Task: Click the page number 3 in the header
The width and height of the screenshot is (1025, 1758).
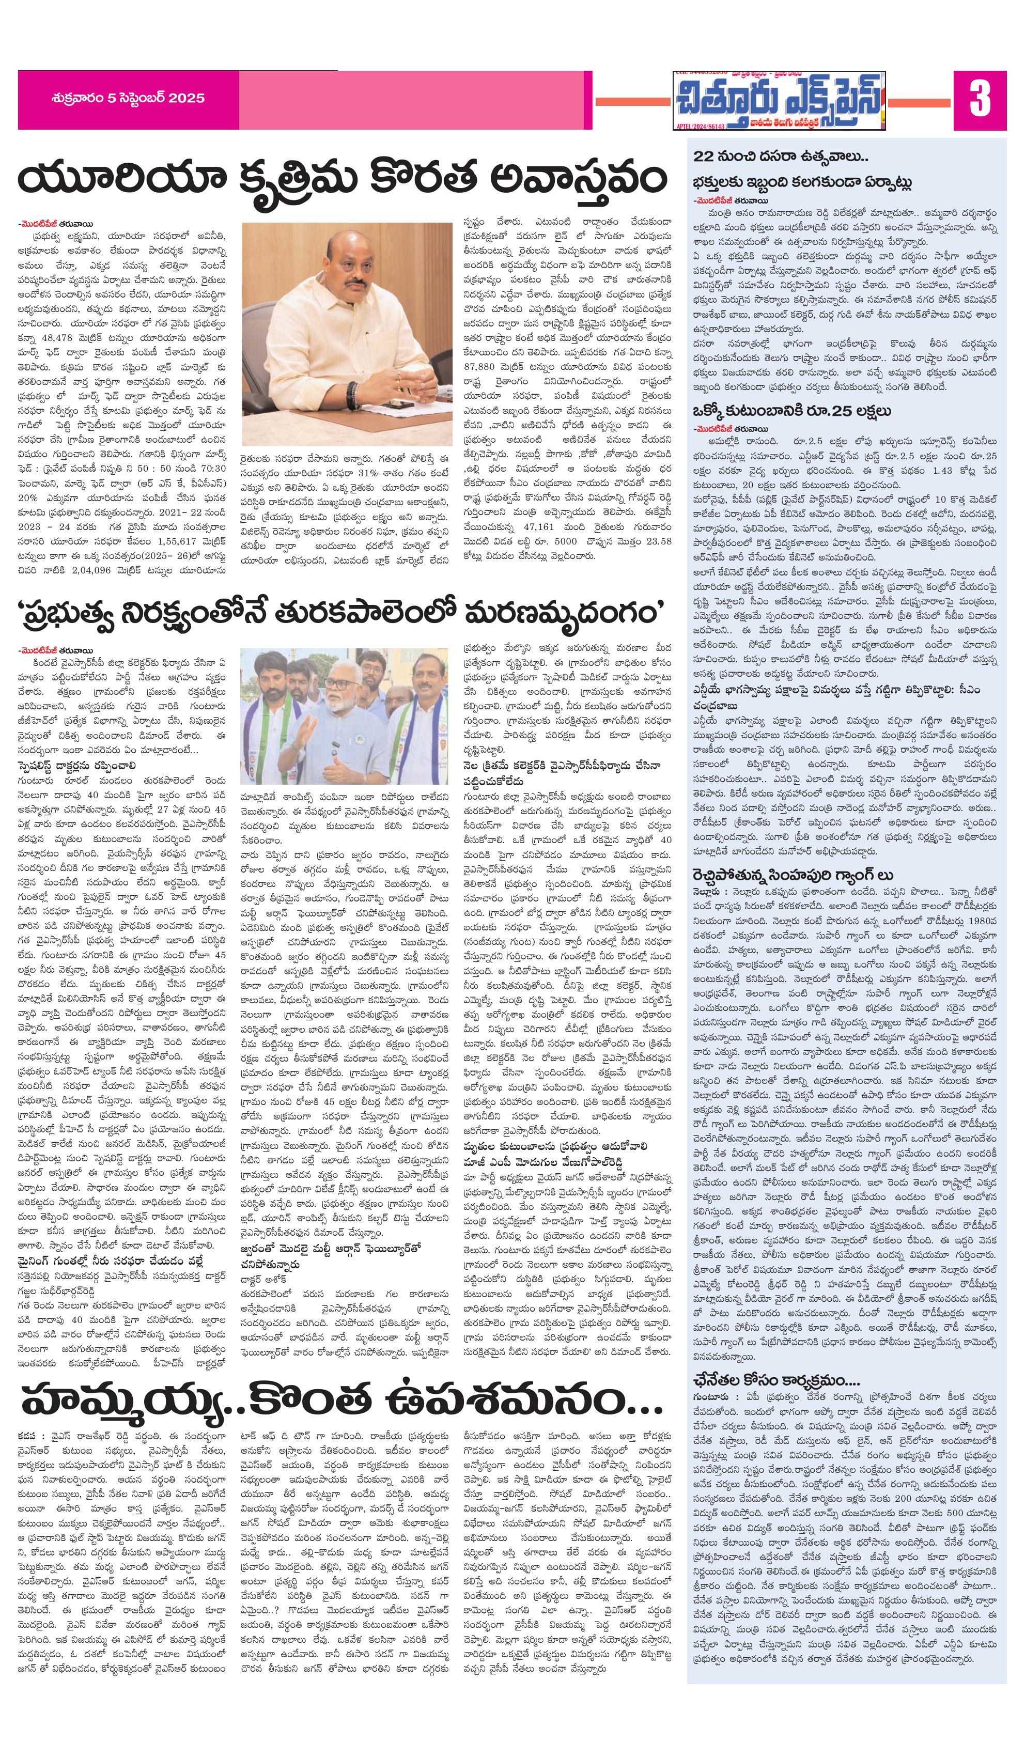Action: click(x=980, y=99)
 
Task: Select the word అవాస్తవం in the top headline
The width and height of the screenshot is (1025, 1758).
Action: click(x=579, y=179)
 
